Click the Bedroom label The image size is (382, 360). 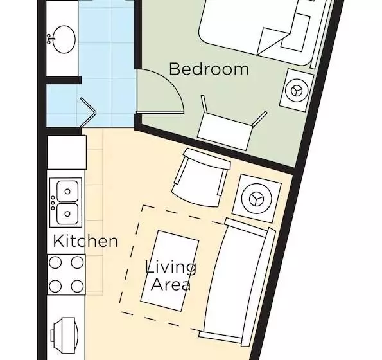click(209, 69)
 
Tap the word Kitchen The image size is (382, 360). click(85, 241)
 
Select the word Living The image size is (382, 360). click(171, 268)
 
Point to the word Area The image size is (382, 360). click(171, 284)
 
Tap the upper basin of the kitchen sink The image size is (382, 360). click(67, 191)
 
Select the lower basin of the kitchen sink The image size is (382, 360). click(67, 213)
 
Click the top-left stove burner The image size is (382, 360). click(55, 262)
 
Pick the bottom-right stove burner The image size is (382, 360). click(77, 286)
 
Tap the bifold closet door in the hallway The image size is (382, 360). click(88, 113)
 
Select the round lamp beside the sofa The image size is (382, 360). click(257, 199)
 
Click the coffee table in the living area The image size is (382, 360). click(169, 271)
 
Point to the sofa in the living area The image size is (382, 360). click(238, 282)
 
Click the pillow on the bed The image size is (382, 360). click(295, 33)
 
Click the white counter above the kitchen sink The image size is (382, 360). click(67, 152)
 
